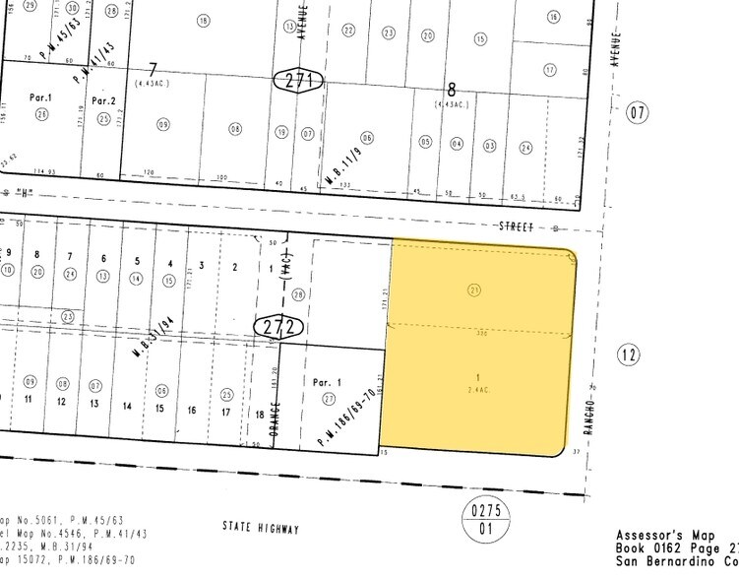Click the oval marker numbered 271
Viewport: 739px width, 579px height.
[x=298, y=82]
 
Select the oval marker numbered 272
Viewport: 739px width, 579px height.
[x=275, y=325]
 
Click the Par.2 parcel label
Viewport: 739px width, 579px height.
[x=103, y=100]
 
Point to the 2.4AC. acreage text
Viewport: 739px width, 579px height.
[x=477, y=389]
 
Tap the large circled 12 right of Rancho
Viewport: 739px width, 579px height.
[x=629, y=353]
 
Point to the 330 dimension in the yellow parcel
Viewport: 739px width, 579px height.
[x=482, y=333]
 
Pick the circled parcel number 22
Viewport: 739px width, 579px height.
[x=348, y=32]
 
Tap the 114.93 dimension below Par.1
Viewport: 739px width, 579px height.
[x=42, y=171]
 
